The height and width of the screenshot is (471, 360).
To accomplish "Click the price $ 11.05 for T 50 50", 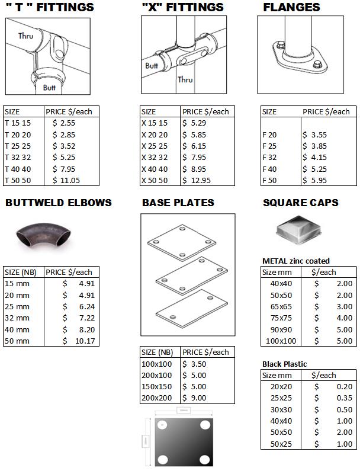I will click(x=66, y=180).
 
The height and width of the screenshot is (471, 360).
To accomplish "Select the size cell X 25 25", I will click(x=155, y=146).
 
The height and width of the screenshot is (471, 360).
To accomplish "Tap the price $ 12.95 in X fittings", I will click(x=197, y=180).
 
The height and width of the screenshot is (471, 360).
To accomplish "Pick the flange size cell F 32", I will click(x=269, y=157).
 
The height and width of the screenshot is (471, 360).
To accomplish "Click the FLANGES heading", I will click(x=291, y=8).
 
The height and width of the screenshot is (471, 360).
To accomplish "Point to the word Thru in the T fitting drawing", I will click(x=25, y=36).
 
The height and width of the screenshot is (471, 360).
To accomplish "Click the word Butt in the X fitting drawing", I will click(x=152, y=66).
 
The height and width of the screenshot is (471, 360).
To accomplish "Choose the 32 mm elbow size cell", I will click(x=17, y=318).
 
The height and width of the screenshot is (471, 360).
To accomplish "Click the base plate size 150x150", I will click(x=157, y=386).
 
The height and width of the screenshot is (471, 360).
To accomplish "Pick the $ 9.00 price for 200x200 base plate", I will click(x=195, y=398).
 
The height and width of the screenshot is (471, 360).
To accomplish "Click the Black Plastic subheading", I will click(x=285, y=364).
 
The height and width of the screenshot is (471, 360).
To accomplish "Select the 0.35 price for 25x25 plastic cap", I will click(x=344, y=398).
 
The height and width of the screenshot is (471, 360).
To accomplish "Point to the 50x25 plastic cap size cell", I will click(x=281, y=444).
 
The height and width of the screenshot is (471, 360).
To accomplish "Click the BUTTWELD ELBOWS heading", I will click(x=59, y=203).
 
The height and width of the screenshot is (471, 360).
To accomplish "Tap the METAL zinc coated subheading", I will click(x=296, y=261).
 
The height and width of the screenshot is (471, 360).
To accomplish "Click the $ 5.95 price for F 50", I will click(x=315, y=180).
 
